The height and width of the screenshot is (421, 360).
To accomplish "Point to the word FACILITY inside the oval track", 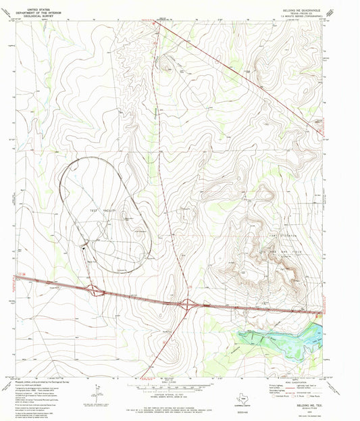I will pyautogui.click(x=110, y=212).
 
